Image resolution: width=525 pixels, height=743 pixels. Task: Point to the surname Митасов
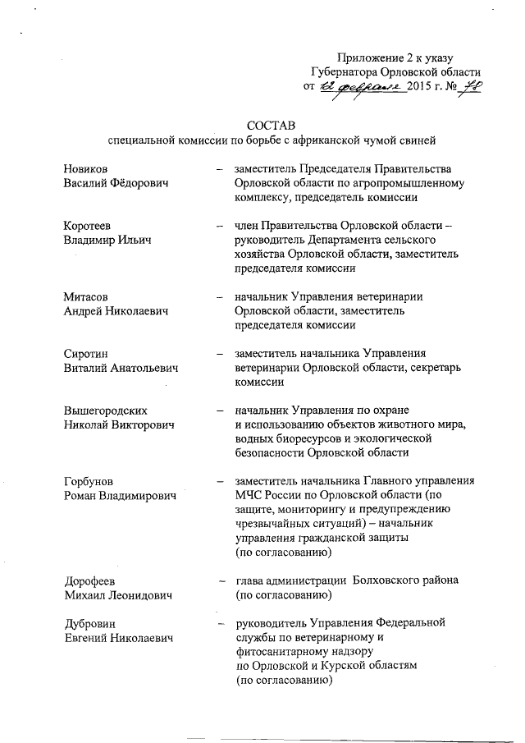coord(86,296)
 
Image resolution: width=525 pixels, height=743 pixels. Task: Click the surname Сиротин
coord(86,354)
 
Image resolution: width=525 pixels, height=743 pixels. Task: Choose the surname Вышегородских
coord(111,410)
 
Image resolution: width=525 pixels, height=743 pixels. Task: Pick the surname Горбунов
coord(89,481)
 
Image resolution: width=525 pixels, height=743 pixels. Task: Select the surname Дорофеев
coord(90,580)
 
